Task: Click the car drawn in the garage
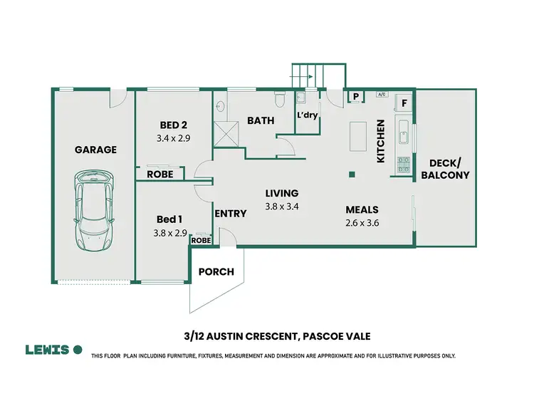95,213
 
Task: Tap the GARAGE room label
95,150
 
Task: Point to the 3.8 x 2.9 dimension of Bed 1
169,233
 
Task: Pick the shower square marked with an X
227,132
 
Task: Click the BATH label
261,120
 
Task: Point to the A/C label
381,94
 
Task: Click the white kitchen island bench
357,137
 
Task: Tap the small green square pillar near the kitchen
351,175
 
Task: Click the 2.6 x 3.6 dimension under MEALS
361,223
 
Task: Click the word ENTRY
230,214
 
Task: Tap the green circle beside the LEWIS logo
78,350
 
